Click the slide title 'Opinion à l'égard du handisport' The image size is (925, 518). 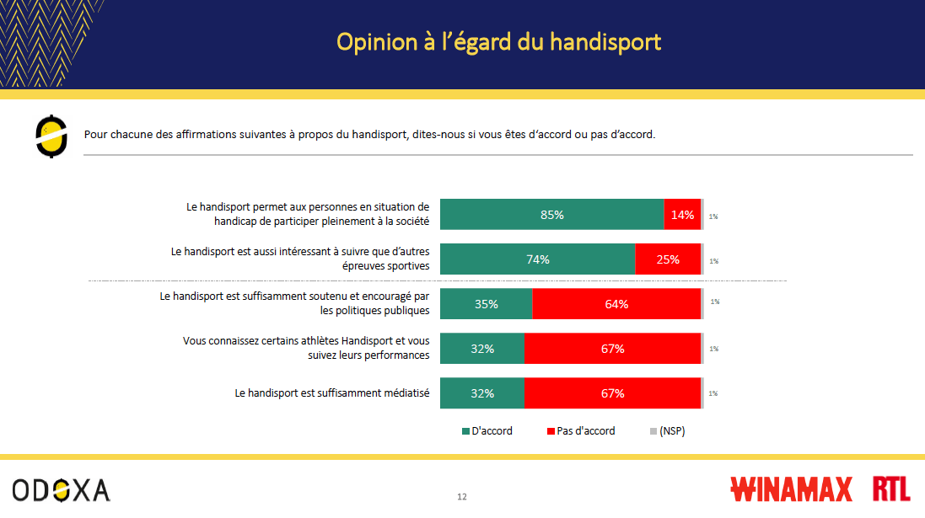point(498,42)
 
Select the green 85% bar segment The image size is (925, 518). point(551,215)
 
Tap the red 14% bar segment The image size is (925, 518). point(682,215)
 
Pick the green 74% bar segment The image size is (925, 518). point(537,259)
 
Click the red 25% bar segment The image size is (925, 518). point(668,259)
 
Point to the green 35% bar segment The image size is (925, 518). point(486,304)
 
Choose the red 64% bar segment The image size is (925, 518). point(616,304)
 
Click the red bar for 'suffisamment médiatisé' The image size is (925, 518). point(612,393)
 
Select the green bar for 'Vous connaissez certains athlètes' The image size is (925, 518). point(481,349)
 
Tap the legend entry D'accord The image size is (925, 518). point(487,431)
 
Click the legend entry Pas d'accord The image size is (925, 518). point(581,431)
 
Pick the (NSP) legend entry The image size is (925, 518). point(667,431)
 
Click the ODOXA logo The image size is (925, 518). point(61,489)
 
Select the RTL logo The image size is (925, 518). point(891,489)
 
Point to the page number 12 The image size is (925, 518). point(462,496)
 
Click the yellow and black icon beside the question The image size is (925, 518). point(51,136)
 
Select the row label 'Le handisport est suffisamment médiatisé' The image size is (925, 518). point(332,393)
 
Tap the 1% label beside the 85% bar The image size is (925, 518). point(713,216)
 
